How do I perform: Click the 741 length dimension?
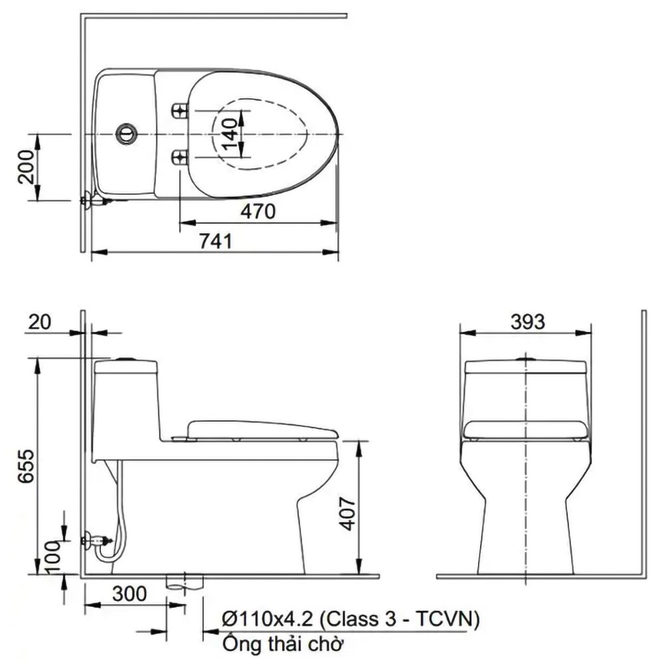pyautogui.click(x=216, y=242)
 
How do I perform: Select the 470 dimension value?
pyautogui.click(x=258, y=211)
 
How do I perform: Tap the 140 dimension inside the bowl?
pyautogui.click(x=229, y=134)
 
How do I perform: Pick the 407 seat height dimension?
pyautogui.click(x=348, y=514)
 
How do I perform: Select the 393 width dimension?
pyautogui.click(x=527, y=322)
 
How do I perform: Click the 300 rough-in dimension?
pyautogui.click(x=129, y=594)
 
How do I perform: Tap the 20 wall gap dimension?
pyautogui.click(x=39, y=322)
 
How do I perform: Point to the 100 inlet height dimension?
pyautogui.click(x=54, y=557)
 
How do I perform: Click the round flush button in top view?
pyautogui.click(x=126, y=134)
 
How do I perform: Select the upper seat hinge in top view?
pyautogui.click(x=179, y=111)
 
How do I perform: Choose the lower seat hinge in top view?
pyautogui.click(x=179, y=158)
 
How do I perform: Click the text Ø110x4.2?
pyautogui.click(x=268, y=619)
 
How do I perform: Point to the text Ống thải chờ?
pyautogui.click(x=282, y=644)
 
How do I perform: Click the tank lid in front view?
pyautogui.click(x=525, y=367)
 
